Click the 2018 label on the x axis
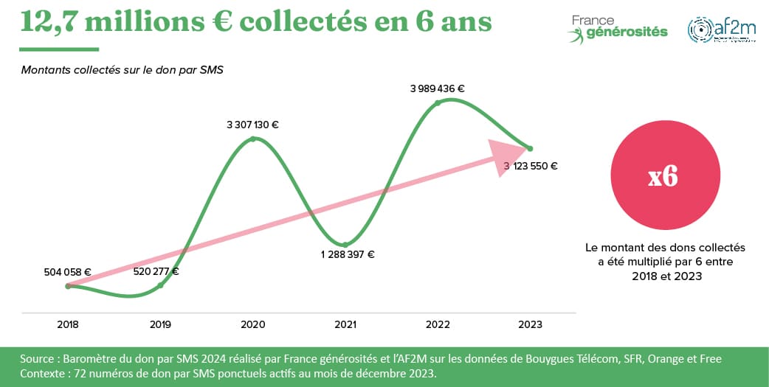click(x=68, y=324)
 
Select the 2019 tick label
click(x=160, y=324)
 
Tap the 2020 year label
click(x=253, y=324)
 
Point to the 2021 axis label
click(x=345, y=324)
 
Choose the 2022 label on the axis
click(x=438, y=324)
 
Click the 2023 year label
click(x=530, y=324)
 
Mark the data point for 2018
click(x=68, y=286)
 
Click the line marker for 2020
click(x=253, y=138)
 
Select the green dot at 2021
click(x=345, y=245)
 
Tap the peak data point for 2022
click(x=438, y=102)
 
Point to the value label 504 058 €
click(x=67, y=272)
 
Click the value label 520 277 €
click(x=156, y=271)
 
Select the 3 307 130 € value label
click(x=252, y=125)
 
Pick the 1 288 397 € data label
click(x=348, y=255)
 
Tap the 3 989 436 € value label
click(x=438, y=88)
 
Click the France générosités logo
click(x=618, y=28)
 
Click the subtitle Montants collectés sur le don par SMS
click(x=122, y=71)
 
